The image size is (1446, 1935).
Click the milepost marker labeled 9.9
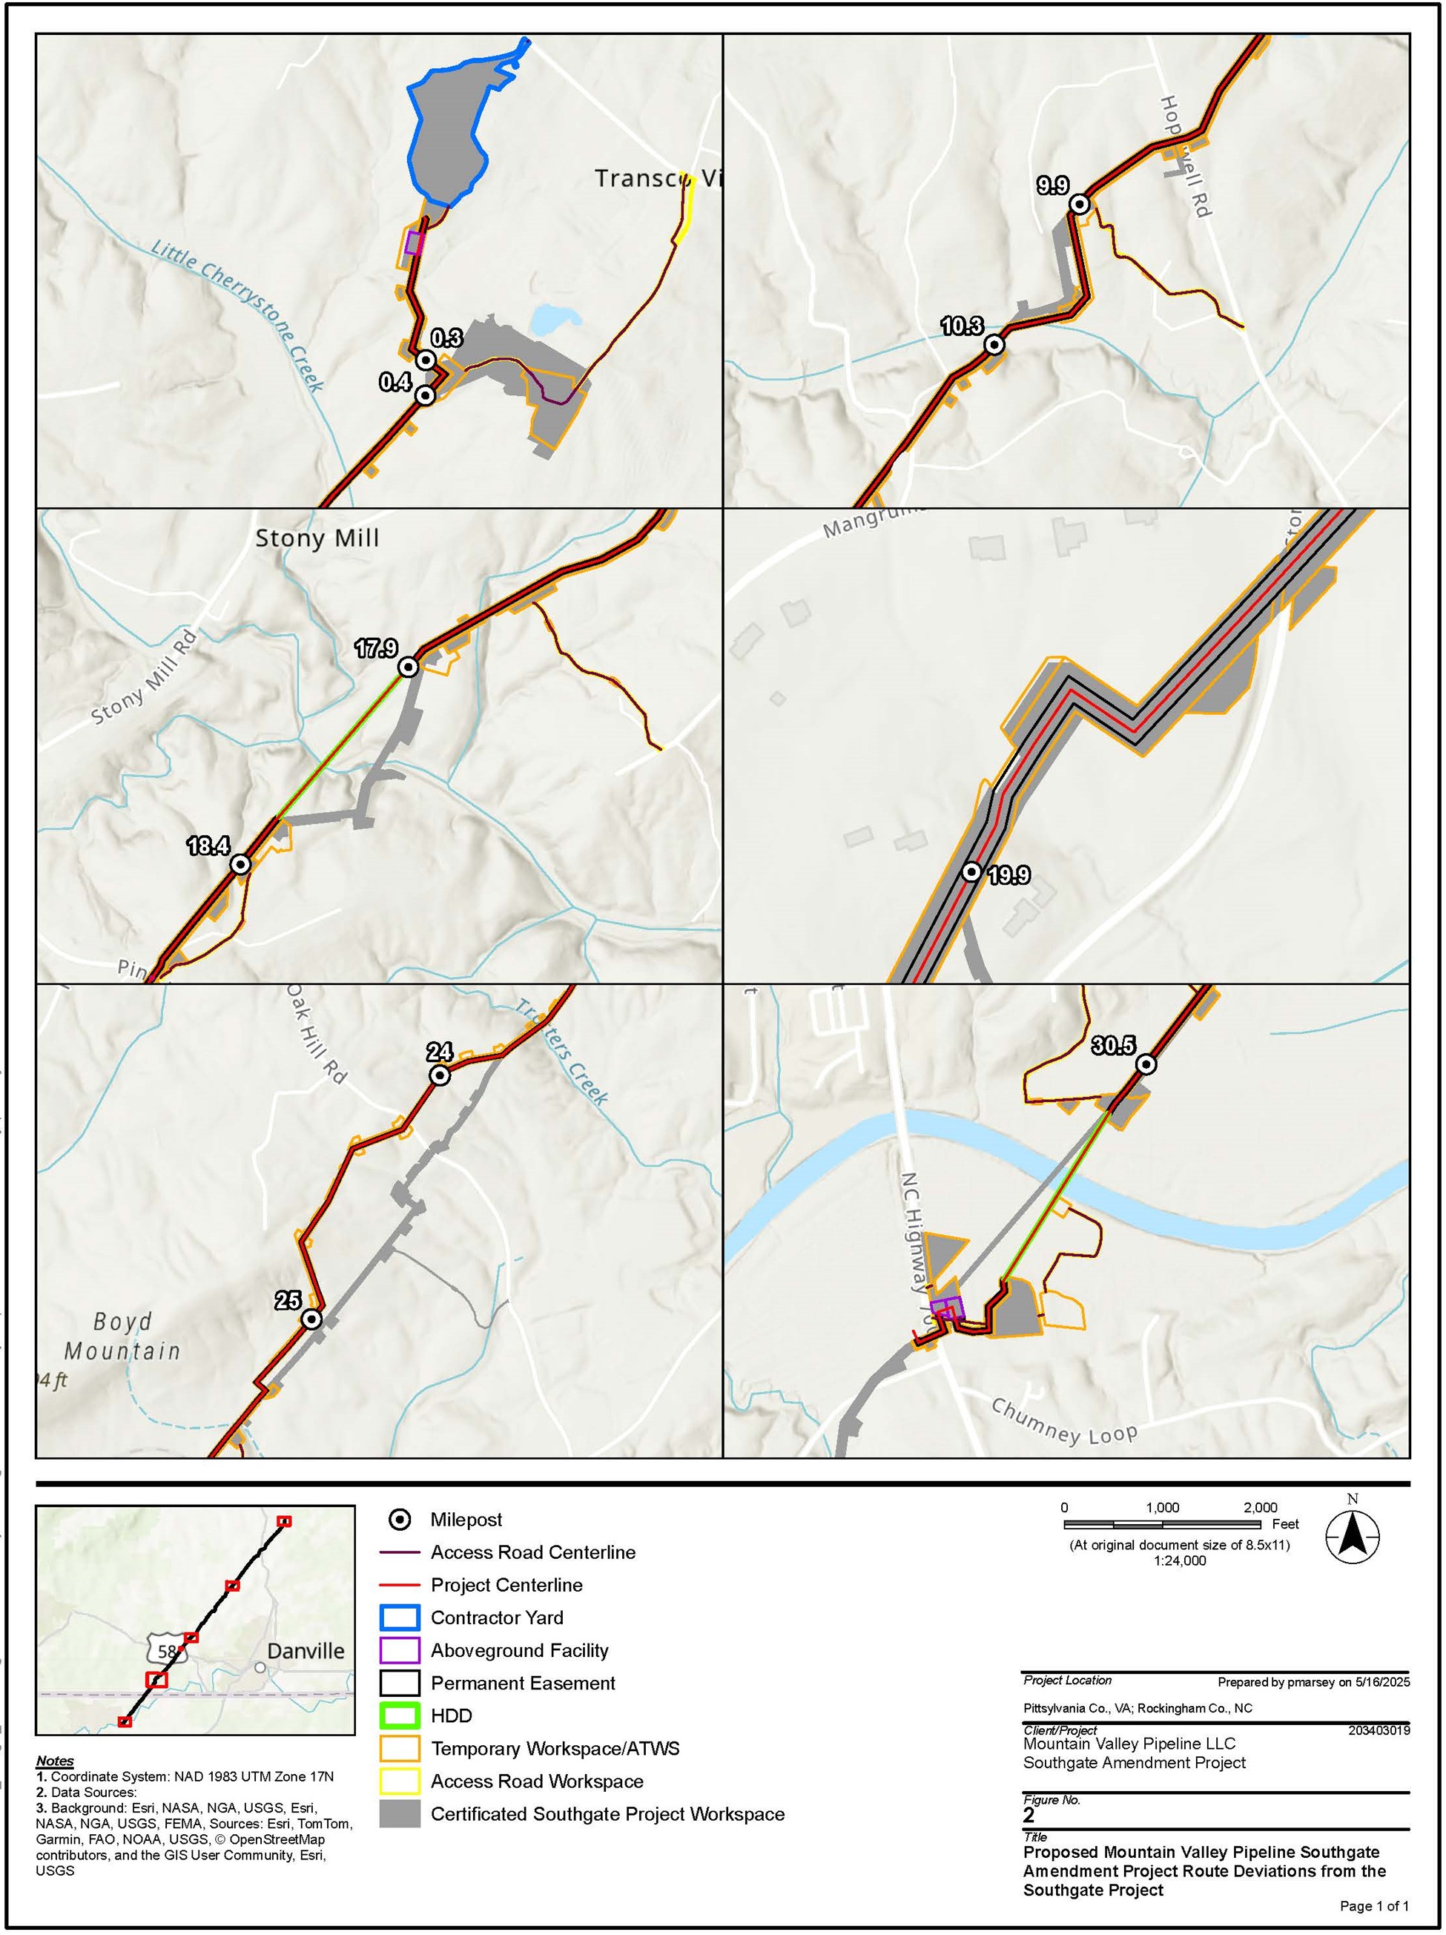click(1080, 204)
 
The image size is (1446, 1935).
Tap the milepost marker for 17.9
click(408, 667)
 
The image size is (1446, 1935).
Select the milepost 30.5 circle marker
click(1146, 1064)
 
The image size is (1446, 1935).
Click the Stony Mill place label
click(317, 538)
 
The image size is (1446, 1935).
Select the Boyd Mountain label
click(122, 1336)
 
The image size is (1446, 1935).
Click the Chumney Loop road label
click(1063, 1423)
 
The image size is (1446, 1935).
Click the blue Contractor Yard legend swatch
click(400, 1618)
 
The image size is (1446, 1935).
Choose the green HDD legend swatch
click(400, 1715)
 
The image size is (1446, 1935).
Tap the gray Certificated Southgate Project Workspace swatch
click(400, 1813)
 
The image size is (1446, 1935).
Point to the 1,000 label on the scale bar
click(1163, 1507)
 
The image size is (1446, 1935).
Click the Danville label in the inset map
click(306, 1651)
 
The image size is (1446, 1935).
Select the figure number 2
click(1029, 1815)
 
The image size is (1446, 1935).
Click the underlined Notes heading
click(55, 1760)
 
